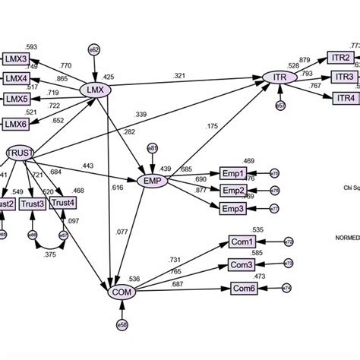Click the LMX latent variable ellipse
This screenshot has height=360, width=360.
[x=96, y=90]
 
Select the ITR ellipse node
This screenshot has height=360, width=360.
[x=279, y=77]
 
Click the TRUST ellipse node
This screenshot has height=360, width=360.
[x=20, y=153]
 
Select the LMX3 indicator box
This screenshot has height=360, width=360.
[x=17, y=57]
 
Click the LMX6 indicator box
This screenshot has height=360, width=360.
[x=17, y=123]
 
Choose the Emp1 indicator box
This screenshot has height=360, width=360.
[x=233, y=173]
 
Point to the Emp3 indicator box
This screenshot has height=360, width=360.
[x=233, y=208]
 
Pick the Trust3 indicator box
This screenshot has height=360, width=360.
[x=33, y=203]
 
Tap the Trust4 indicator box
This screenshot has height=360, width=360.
[x=63, y=203]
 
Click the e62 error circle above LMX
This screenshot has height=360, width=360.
[x=95, y=49]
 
